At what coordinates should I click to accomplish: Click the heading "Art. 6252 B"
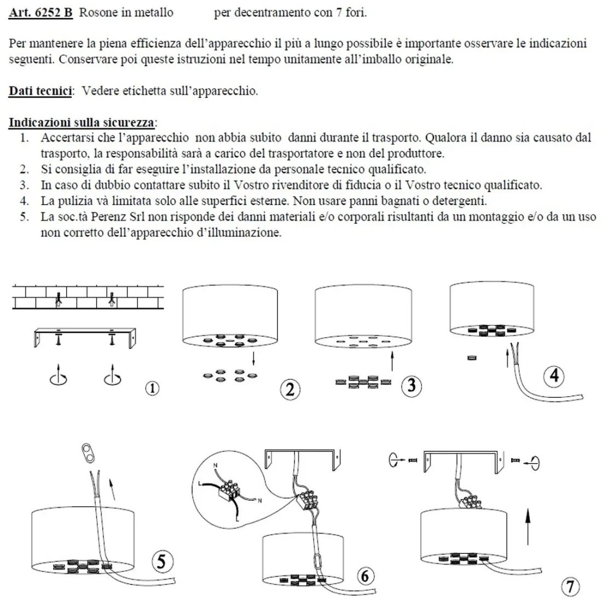40,13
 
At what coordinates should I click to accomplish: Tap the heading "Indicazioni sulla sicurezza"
82,121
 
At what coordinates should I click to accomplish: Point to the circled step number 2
290,389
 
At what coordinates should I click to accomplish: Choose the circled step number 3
412,386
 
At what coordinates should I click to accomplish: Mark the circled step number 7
570,587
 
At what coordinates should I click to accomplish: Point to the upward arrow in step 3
393,362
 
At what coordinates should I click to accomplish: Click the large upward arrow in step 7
528,525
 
